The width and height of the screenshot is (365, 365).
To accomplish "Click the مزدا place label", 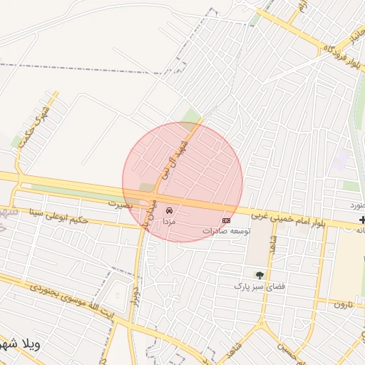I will click(x=170, y=222).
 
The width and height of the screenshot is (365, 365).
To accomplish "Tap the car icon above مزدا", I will click(x=170, y=211).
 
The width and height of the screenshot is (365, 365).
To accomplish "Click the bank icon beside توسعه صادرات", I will click(x=227, y=220).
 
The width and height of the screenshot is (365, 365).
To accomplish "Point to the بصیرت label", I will click(x=121, y=204).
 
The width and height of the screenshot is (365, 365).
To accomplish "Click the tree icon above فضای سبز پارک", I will click(x=259, y=275).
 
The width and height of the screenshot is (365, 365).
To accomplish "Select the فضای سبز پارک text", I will click(x=259, y=286).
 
